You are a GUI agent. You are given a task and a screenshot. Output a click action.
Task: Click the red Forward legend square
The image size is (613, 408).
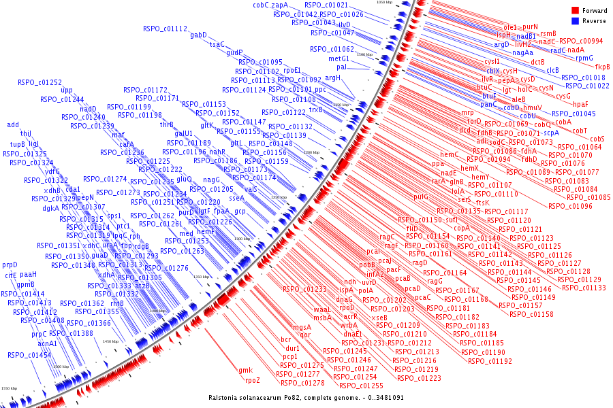pyautogui.click(x=576, y=11)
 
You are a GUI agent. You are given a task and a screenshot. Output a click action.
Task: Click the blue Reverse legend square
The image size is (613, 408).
pyautogui.click(x=576, y=21)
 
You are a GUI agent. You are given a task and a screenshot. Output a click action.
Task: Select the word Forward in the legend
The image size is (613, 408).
pyautogui.click(x=593, y=11)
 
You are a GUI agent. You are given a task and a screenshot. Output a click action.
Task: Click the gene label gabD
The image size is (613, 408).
pyautogui.click(x=198, y=35)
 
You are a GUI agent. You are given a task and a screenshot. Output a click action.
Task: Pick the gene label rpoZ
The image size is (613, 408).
pyautogui.click(x=253, y=380)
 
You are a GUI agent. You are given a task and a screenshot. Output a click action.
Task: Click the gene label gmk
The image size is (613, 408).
pyautogui.click(x=246, y=370)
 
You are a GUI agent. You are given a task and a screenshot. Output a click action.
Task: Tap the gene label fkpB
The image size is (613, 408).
pyautogui.click(x=602, y=67)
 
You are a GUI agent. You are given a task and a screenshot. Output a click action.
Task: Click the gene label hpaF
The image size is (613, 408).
pyautogui.click(x=580, y=104)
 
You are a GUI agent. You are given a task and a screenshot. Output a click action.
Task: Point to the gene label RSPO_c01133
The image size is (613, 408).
pyautogui.click(x=584, y=288)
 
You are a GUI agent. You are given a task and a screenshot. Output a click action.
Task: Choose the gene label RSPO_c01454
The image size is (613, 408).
pyautogui.click(x=29, y=355)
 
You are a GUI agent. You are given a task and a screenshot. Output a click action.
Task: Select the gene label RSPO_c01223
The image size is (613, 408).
pyautogui.click(x=418, y=378)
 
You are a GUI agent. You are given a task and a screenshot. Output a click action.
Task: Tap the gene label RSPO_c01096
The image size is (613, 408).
pyautogui.click(x=570, y=206)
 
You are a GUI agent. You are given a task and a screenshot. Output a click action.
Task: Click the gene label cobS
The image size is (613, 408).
pyautogui.click(x=597, y=139)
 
